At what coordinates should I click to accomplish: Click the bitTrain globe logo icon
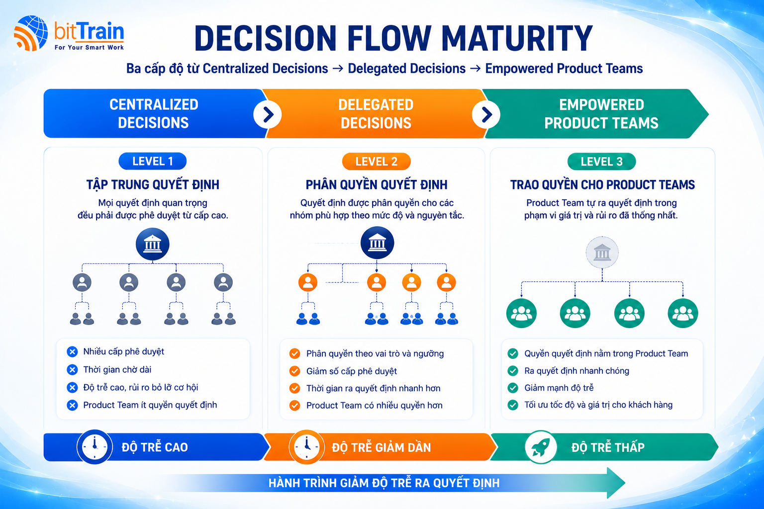[x=31, y=33]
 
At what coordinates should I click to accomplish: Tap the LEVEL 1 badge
[x=153, y=161]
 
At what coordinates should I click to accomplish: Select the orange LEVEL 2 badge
[x=376, y=161]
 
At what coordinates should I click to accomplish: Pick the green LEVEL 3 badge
[x=602, y=161]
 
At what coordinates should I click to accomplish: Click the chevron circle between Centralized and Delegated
[x=268, y=114]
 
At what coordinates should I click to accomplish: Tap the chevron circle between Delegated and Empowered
[x=486, y=114]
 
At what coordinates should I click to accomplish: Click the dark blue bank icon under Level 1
[x=153, y=244]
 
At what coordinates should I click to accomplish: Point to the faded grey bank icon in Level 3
[x=602, y=253]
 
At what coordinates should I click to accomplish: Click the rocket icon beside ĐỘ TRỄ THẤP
[x=541, y=447]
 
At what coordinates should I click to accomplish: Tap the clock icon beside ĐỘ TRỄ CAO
[x=95, y=446]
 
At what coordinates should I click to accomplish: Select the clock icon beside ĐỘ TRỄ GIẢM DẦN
[x=306, y=446]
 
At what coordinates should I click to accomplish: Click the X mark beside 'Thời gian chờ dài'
[x=72, y=369]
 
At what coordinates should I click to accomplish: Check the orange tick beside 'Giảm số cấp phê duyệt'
[x=294, y=371]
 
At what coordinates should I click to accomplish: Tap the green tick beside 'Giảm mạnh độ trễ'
[x=513, y=388]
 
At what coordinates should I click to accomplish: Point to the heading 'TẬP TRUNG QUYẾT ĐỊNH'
[x=153, y=185]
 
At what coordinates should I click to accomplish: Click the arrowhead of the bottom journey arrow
[x=616, y=483]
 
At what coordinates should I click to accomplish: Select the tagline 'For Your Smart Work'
[x=89, y=47]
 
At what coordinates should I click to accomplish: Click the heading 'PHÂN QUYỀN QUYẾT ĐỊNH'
[x=377, y=185]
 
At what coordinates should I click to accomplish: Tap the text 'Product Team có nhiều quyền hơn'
[x=375, y=405]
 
